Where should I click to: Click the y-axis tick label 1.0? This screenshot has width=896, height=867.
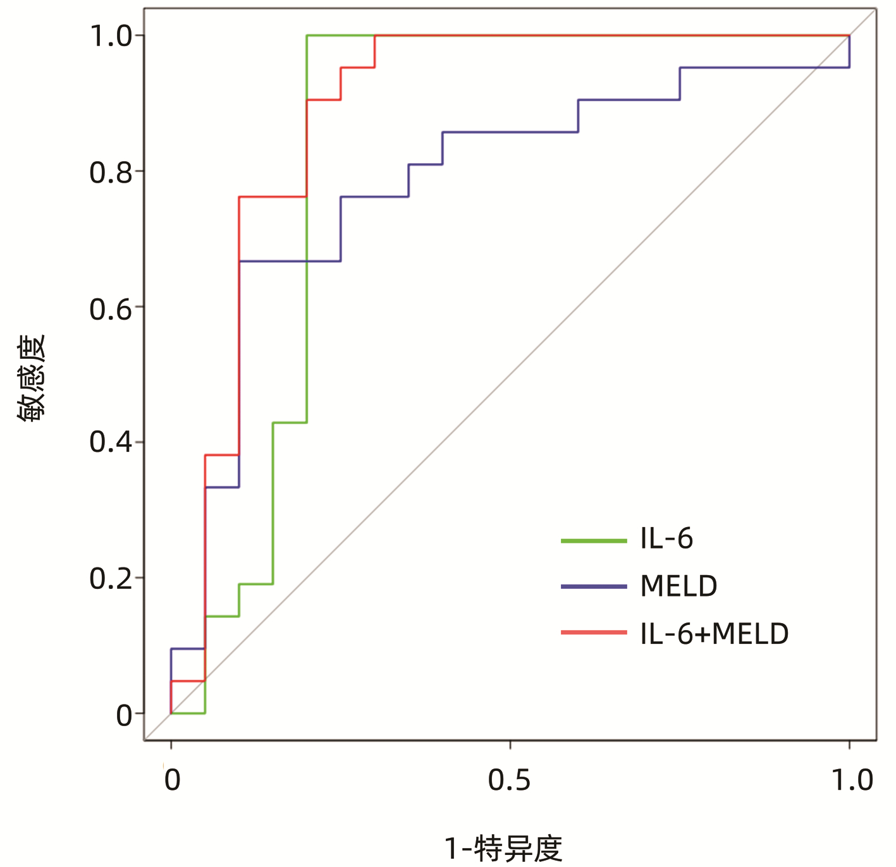111,36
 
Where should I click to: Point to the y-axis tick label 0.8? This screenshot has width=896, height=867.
111,172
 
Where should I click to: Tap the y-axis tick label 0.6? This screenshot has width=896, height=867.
111,308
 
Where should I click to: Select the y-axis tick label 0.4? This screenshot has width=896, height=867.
111,442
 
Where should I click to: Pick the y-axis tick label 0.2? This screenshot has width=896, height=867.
111,578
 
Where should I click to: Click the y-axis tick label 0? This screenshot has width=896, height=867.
125,714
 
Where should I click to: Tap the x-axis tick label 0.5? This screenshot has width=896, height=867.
509,780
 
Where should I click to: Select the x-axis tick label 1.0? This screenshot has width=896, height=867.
852,780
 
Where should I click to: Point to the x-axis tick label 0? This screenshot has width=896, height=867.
172,780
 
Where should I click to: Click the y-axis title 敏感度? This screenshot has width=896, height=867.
32,378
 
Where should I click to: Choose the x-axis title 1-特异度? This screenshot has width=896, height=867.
503,849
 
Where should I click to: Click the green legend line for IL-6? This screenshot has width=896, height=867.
593,541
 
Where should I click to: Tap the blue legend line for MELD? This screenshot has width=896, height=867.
593,587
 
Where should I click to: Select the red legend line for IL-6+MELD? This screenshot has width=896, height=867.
593,633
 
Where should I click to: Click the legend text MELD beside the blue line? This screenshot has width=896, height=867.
678,586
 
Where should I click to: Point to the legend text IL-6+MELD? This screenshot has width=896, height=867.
715,634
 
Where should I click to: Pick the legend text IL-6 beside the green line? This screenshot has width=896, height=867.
666,539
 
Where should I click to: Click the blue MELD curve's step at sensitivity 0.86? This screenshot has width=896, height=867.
510,132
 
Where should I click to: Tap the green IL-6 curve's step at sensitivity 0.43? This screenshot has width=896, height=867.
290,422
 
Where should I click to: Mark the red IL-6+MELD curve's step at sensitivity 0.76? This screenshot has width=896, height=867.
273,197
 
